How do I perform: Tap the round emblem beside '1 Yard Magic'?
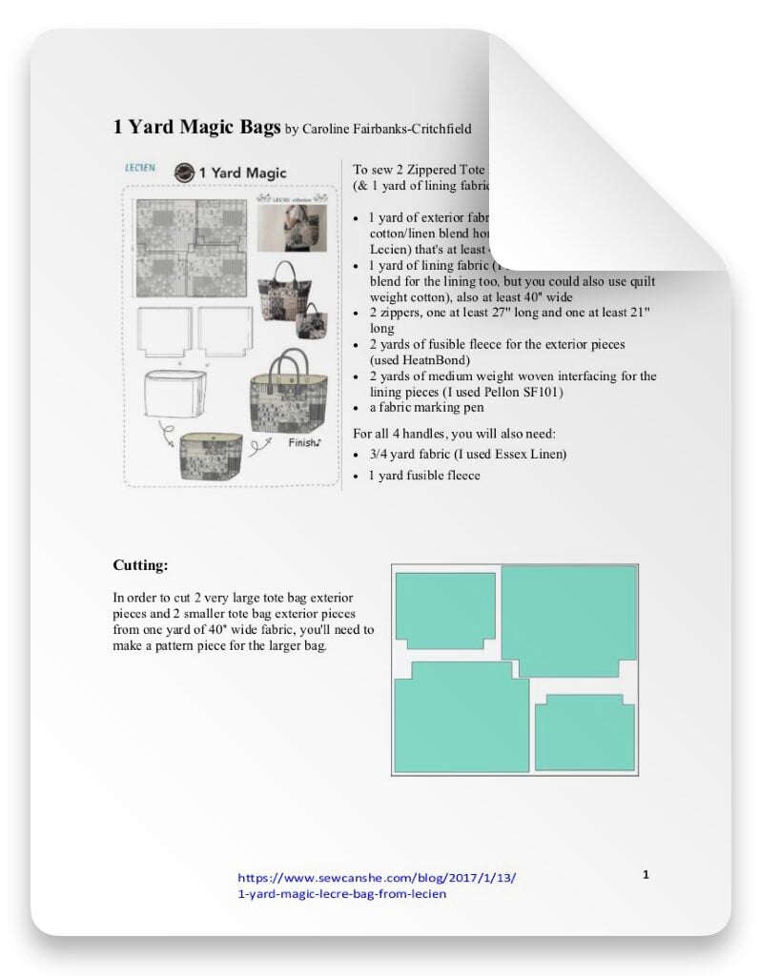click(x=184, y=173)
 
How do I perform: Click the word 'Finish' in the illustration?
click(x=306, y=442)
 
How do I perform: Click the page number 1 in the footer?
click(x=646, y=873)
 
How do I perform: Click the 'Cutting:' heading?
click(x=140, y=565)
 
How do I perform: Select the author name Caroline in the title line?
click(x=333, y=129)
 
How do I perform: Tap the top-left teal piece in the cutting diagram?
click(x=445, y=609)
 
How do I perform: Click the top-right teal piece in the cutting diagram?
click(x=569, y=620)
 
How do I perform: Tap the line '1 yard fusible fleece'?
click(x=425, y=475)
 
